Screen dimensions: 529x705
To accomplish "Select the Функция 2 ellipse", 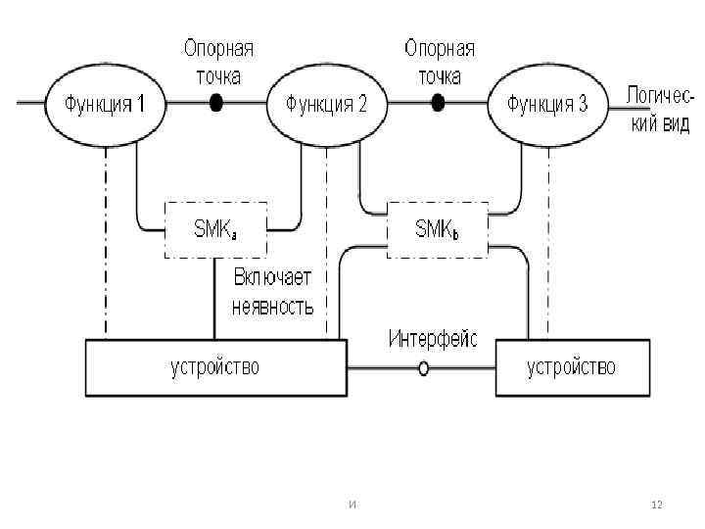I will click(326, 104).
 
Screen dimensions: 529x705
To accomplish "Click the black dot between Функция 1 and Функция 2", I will click(215, 103).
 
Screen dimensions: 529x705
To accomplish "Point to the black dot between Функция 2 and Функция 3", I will click(438, 103).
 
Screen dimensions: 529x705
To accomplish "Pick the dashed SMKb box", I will click(438, 230).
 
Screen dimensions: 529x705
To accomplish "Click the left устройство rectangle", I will click(215, 367).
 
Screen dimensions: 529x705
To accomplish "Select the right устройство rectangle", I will click(572, 367).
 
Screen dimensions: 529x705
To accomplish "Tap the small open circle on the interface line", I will click(423, 369).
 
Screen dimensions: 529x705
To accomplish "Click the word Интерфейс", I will click(433, 339).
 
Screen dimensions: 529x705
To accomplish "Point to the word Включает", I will click(272, 277).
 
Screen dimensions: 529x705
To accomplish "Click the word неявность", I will click(273, 306).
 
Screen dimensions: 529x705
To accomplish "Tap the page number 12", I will click(657, 505).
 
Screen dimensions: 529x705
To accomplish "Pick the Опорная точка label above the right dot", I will click(439, 62).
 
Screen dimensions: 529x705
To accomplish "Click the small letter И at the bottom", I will click(352, 505).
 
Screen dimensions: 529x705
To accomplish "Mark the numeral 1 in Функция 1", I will click(141, 104).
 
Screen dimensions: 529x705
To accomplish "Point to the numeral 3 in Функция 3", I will click(583, 104).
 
